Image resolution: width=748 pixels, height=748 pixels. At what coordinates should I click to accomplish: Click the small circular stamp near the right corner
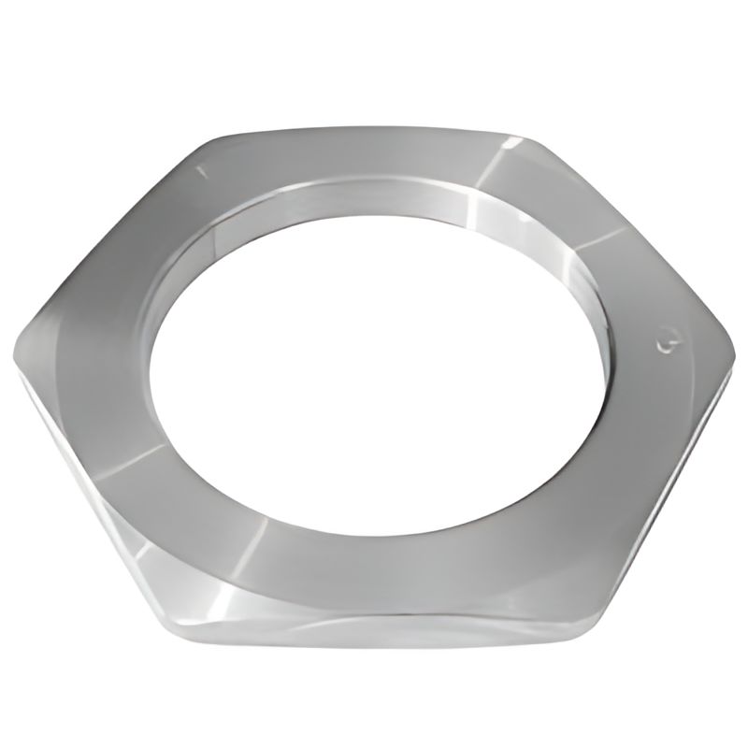(x=667, y=343)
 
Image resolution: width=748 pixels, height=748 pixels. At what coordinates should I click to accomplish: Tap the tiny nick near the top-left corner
(x=200, y=170)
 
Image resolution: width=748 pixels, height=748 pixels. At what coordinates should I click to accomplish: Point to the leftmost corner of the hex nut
(x=15, y=360)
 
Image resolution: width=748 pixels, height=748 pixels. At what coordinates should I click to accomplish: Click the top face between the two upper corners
(x=374, y=154)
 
